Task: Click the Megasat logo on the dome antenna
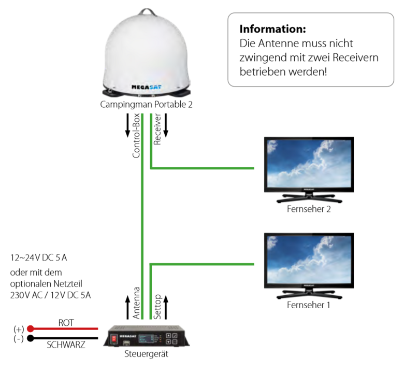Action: point(148,88)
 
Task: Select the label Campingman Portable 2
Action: point(148,104)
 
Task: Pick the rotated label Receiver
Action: point(157,133)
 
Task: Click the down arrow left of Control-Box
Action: point(127,127)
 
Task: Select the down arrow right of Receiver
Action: point(166,127)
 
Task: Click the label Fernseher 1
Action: point(308,305)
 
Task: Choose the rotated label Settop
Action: point(157,306)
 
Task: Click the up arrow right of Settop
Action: point(166,306)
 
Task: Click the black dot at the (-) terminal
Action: point(31,339)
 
